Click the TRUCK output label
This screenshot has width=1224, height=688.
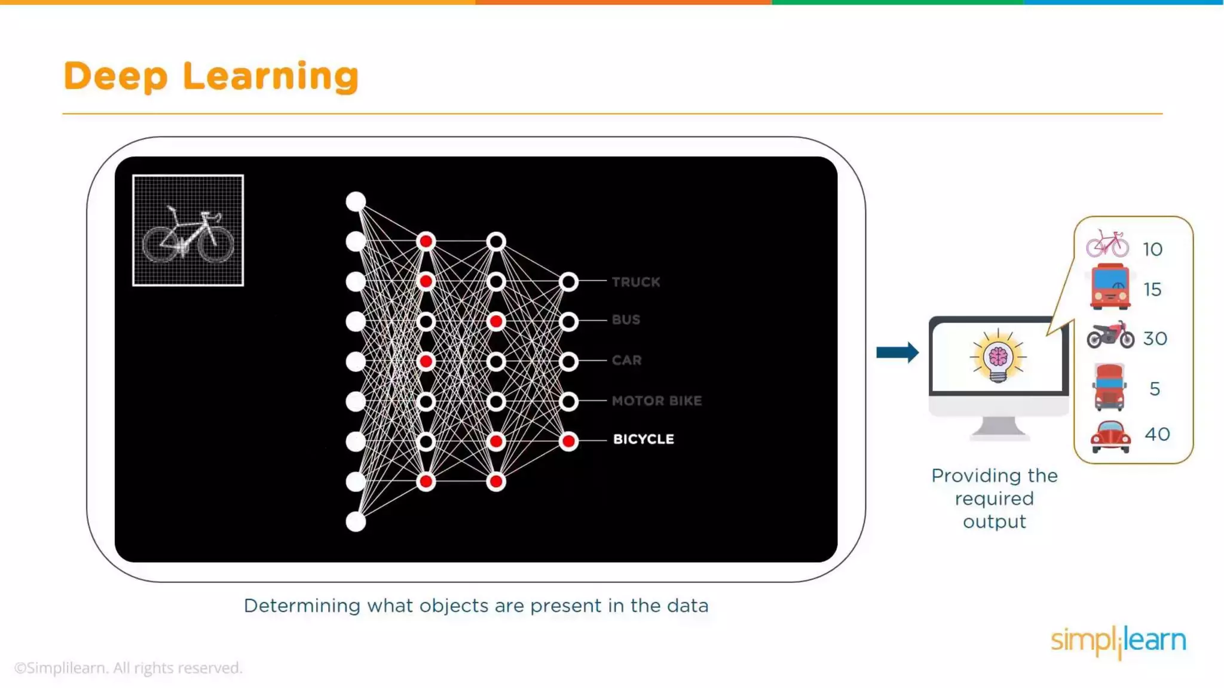click(x=635, y=282)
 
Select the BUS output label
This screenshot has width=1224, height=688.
click(x=626, y=320)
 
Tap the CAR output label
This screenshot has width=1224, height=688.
click(x=626, y=360)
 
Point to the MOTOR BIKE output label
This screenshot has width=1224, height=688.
click(x=656, y=401)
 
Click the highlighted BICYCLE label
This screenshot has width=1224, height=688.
click(x=643, y=439)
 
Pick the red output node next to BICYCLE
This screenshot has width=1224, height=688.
click(x=568, y=441)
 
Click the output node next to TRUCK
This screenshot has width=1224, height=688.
click(x=568, y=282)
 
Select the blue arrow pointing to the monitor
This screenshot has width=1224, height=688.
click(x=897, y=352)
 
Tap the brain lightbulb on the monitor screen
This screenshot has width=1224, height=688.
click(x=997, y=358)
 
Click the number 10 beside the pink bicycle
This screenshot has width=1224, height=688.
click(x=1152, y=249)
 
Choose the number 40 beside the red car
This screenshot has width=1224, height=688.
click(x=1157, y=434)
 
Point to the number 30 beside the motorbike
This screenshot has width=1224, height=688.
click(x=1155, y=339)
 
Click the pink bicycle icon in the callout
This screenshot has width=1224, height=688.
click(x=1107, y=244)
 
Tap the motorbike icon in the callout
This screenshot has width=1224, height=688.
click(x=1110, y=335)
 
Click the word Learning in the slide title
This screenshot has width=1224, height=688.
click(x=270, y=76)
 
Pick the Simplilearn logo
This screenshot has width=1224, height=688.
click(x=1118, y=641)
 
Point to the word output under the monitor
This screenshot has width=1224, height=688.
click(x=994, y=522)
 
